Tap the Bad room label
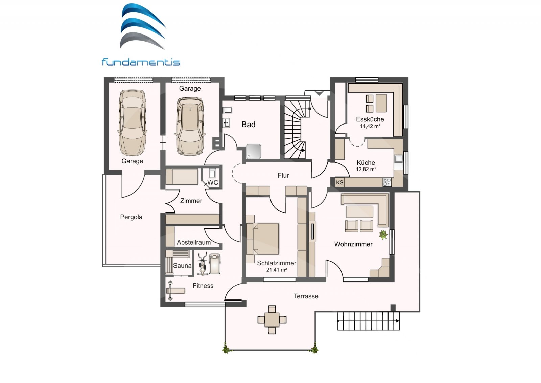(249, 125)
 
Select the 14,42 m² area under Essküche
(370, 126)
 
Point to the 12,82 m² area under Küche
(366, 169)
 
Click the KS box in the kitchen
(339, 182)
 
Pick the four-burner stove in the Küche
(387, 182)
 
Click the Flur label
(283, 175)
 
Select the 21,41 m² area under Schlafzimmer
(277, 270)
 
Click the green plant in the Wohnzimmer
(383, 234)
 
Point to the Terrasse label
(306, 296)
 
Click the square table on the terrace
(272, 320)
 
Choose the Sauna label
(182, 266)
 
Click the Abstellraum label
(194, 242)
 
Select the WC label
(213, 182)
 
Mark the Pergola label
(131, 217)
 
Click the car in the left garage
(132, 123)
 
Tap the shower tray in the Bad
(254, 151)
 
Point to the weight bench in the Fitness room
(175, 291)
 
